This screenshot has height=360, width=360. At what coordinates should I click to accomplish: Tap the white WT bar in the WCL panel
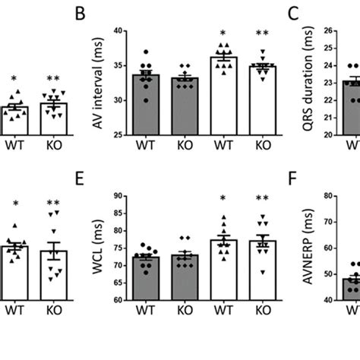click(224, 270)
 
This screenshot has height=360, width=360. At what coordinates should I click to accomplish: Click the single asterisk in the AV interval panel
click(224, 34)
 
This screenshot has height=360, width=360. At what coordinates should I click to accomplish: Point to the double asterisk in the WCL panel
click(263, 201)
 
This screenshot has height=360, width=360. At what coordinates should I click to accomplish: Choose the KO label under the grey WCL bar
click(185, 311)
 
